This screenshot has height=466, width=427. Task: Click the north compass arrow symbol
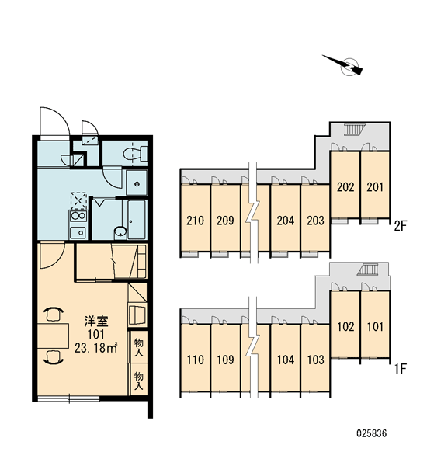coord(345,65)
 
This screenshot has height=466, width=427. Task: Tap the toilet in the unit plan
coord(136,153)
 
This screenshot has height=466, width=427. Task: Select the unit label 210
coord(195,221)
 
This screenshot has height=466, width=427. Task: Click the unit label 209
coord(225,221)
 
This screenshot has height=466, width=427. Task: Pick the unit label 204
coord(286,221)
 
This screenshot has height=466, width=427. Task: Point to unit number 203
coord(315,221)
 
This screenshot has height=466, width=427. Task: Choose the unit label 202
coord(345,187)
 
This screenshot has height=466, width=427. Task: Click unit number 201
coord(375,187)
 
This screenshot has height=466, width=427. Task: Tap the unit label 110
coord(195,360)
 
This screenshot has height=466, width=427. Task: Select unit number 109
coord(225,360)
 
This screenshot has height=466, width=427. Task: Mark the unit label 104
coord(286,360)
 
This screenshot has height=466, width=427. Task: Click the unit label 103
coord(315,360)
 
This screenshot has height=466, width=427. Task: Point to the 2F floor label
coord(400,226)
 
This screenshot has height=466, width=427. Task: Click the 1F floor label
coord(401,369)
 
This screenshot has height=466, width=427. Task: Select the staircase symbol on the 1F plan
coord(367,270)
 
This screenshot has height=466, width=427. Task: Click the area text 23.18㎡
coord(95,348)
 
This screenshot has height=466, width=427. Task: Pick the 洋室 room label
coord(96,322)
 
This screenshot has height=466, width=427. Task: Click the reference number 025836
coord(372,433)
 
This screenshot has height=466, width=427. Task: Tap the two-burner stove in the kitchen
coord(78,216)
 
